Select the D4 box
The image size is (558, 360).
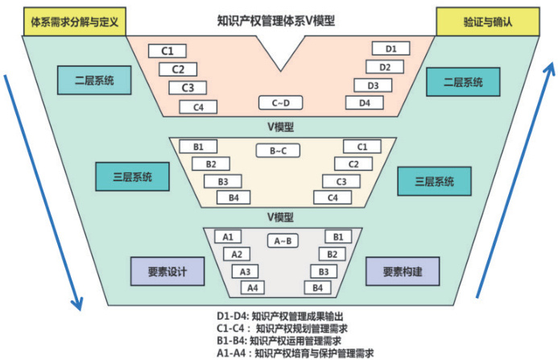click(364, 103)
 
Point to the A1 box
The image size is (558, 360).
click(228, 237)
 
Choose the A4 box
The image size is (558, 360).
click(252, 288)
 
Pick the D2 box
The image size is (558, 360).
click(385, 67)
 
